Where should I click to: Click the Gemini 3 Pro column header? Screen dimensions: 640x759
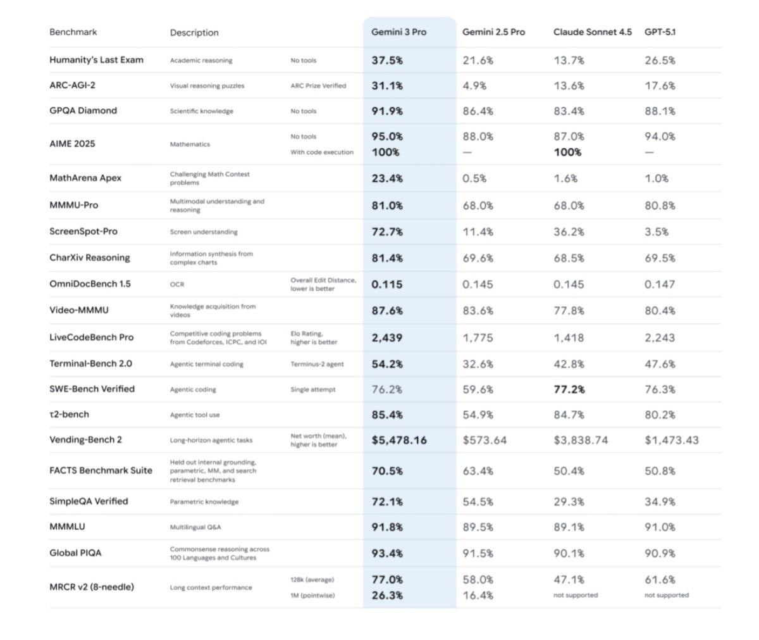[398, 32]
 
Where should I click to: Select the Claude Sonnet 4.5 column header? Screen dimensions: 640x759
[592, 32]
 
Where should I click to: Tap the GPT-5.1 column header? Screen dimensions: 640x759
[660, 32]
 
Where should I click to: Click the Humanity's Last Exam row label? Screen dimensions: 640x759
[96, 60]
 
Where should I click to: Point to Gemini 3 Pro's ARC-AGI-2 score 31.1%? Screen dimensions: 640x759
[387, 85]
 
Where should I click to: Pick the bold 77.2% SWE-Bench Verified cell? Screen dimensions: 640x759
[569, 389]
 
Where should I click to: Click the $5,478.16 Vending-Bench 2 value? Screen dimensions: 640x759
[399, 440]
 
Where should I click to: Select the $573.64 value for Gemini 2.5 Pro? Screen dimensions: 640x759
[484, 440]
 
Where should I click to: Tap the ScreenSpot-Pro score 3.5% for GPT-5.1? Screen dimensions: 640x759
[657, 232]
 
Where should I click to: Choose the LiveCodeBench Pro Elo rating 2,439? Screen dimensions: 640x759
[387, 338]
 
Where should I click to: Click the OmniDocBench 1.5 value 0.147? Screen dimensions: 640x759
[660, 284]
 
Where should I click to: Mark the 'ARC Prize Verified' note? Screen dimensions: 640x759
[318, 86]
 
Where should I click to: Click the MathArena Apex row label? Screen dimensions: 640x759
[85, 179]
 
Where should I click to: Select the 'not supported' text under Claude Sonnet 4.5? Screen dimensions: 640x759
[575, 596]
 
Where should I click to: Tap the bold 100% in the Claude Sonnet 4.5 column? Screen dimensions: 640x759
[567, 153]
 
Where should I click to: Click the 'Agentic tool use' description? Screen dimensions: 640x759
[195, 415]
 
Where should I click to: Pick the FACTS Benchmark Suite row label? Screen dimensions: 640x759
[101, 470]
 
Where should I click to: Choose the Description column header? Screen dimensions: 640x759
[194, 33]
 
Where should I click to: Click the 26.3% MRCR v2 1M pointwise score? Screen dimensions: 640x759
[387, 596]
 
